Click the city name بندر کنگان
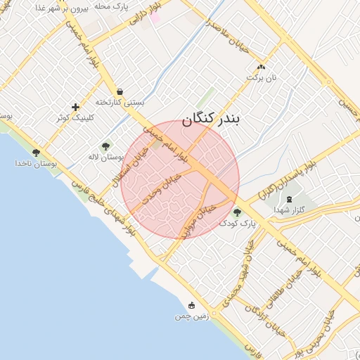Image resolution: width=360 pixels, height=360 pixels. (x=211, y=120)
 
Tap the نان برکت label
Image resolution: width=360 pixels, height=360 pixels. (x=265, y=77)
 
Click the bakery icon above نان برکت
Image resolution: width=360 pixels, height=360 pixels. (x=262, y=67)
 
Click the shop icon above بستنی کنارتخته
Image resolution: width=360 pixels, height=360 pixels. (x=120, y=91)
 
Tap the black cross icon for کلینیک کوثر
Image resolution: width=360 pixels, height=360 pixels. (x=75, y=108)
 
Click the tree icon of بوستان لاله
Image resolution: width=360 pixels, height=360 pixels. (x=105, y=146)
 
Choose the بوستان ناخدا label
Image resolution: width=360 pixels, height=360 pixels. (x=35, y=163)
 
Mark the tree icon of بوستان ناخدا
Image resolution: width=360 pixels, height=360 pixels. (x=36, y=153)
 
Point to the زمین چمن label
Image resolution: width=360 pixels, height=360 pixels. (x=192, y=316)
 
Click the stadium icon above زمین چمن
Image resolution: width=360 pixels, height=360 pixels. (x=192, y=306)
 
